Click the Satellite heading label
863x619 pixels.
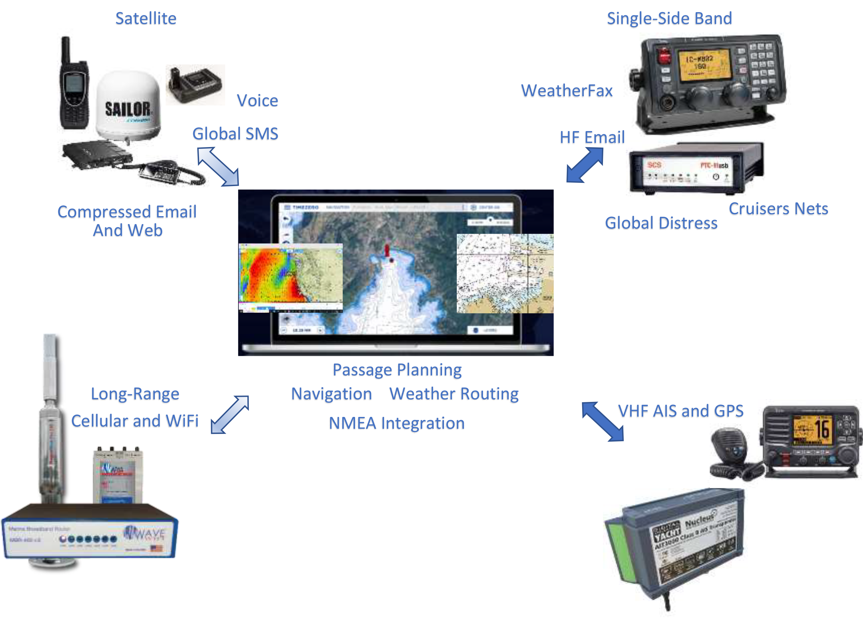146,19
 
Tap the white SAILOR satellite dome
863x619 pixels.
128,105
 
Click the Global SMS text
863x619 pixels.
235,134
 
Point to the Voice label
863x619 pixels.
257,101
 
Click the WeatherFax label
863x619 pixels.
566,91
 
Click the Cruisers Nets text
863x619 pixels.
778,209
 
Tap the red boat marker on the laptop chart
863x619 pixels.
387,251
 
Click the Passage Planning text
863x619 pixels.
397,370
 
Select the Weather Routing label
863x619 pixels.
454,394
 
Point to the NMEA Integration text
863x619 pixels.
396,423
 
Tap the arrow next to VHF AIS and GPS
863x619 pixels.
603,421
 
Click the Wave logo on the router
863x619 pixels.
145,533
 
